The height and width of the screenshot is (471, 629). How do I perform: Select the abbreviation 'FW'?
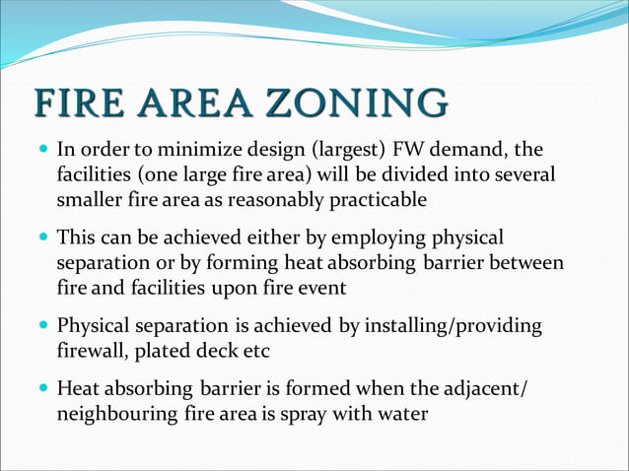coord(405,151)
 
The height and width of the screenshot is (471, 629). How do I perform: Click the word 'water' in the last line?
coord(403,414)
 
